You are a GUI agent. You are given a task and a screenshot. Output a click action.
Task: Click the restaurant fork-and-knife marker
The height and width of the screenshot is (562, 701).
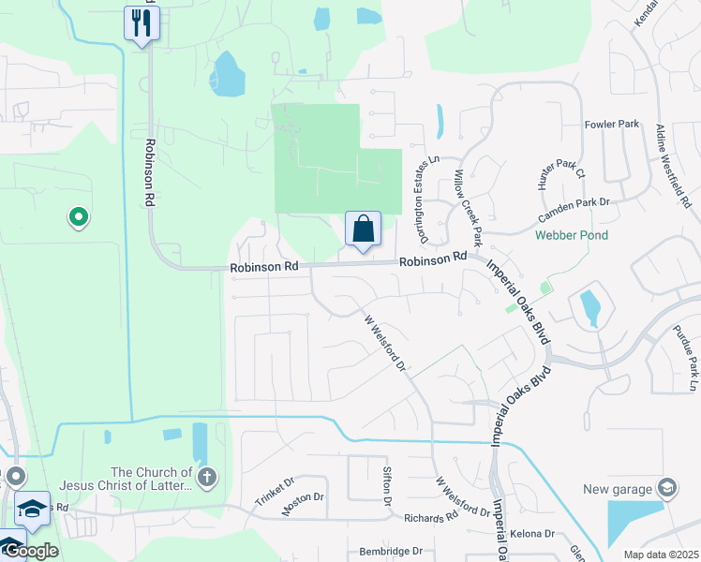point(142,22)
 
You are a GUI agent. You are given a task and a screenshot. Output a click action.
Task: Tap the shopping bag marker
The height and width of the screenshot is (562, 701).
point(363,228)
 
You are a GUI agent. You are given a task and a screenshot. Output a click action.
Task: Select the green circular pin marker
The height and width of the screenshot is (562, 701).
point(79,218)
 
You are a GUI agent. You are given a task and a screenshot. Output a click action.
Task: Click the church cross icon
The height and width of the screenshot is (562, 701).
point(207,479)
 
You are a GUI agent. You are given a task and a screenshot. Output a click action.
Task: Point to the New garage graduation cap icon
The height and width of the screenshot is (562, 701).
point(666,488)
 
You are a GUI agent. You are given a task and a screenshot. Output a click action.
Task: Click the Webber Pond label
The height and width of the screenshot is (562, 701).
point(572,235)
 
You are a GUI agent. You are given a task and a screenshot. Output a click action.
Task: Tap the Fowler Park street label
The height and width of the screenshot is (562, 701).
point(611,124)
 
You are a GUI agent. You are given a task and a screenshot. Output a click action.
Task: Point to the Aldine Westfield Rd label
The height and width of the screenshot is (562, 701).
point(673,166)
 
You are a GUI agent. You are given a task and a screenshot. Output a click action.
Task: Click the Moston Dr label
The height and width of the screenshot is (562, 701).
point(303,505)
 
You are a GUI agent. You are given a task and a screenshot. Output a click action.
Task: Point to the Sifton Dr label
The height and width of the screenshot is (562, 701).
point(386,487)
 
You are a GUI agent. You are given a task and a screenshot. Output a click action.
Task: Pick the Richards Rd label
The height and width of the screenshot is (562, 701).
point(430,517)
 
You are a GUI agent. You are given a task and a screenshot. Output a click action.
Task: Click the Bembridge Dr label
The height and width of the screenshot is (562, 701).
point(391,552)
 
